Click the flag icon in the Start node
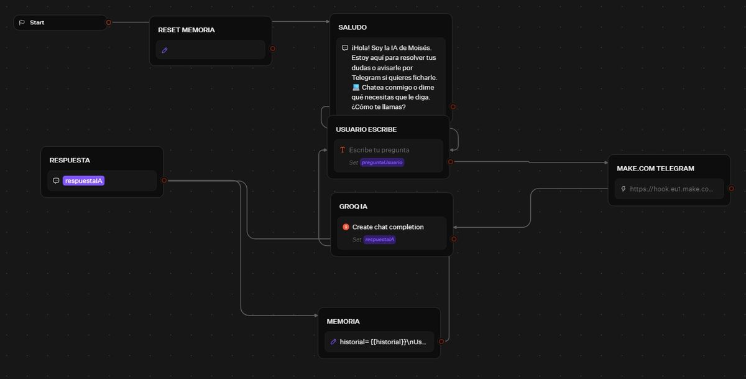22,22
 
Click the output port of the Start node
109,22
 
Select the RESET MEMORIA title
186,30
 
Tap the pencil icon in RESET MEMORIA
165,50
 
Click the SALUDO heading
352,27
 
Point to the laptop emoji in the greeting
356,87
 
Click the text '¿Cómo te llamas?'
379,107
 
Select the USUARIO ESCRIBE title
366,129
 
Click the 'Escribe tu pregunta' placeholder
379,150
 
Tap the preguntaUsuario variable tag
382,162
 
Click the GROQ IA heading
353,207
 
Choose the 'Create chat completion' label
388,227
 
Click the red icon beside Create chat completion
346,227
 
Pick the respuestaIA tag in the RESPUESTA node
83,180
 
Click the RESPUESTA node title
70,161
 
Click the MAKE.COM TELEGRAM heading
655,169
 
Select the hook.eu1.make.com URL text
671,189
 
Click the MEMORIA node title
343,321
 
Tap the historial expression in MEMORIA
383,342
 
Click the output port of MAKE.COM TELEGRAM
731,189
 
